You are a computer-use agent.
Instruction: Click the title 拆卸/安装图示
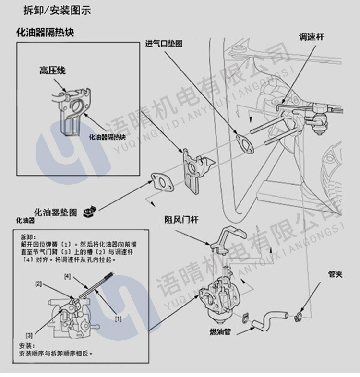57,10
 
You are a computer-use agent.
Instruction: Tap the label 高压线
52,71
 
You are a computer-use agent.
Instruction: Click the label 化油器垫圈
56,212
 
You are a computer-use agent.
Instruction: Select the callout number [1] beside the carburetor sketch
118,318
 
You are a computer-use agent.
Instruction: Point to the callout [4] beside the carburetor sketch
67,276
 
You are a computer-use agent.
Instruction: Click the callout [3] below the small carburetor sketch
29,334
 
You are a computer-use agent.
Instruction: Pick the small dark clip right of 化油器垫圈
89,211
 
